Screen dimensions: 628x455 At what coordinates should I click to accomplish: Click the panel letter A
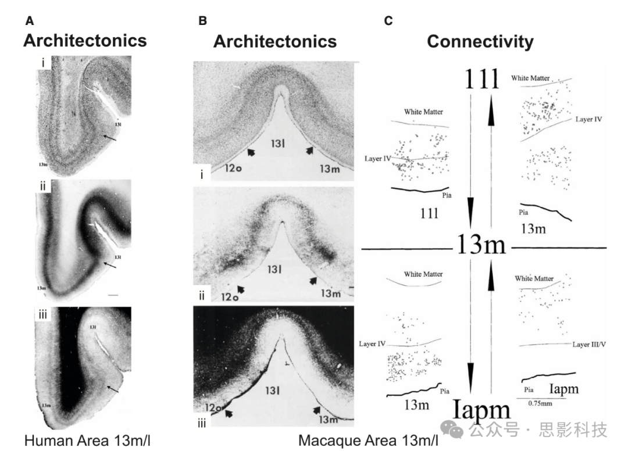click(x=30, y=22)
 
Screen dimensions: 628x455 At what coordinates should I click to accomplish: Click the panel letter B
click(x=202, y=22)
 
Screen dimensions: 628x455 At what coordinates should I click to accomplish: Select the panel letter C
click(x=388, y=22)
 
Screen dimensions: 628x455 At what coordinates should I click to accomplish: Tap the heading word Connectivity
click(x=480, y=42)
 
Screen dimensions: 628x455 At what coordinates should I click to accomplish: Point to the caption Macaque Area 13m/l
click(x=368, y=440)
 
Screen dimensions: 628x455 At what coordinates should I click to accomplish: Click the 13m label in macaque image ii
click(x=330, y=293)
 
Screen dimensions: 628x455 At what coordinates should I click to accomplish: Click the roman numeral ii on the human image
click(x=43, y=187)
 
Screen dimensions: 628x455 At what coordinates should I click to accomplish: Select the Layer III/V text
click(x=588, y=345)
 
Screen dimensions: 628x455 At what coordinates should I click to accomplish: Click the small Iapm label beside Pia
click(x=563, y=389)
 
